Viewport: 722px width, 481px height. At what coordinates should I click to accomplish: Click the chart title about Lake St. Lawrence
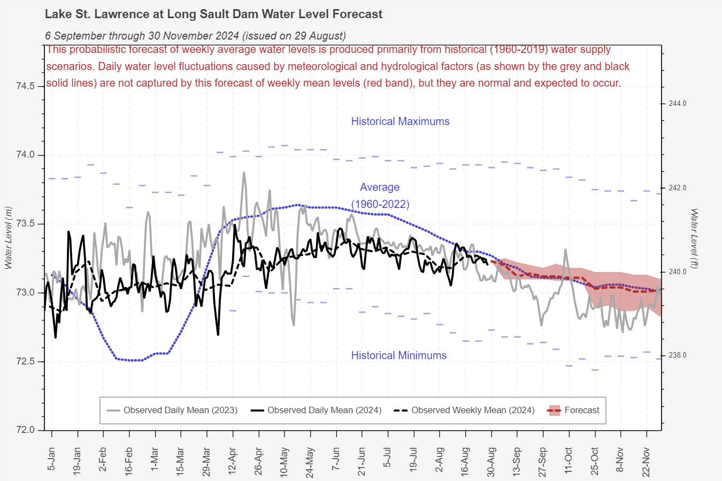tap(213, 14)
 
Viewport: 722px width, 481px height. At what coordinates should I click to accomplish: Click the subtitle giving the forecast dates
tap(195, 36)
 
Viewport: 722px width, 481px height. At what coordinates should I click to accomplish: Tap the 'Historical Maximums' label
tap(400, 121)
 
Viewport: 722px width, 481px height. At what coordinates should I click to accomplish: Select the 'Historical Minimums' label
tap(398, 355)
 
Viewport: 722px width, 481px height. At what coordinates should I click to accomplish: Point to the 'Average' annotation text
tap(380, 187)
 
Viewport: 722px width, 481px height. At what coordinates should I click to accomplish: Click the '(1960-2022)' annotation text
tap(380, 204)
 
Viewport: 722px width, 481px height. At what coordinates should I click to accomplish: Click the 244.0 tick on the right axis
tap(678, 104)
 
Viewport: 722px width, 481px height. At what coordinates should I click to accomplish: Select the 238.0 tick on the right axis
tap(678, 355)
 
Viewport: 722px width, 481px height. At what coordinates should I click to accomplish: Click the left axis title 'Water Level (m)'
tap(8, 238)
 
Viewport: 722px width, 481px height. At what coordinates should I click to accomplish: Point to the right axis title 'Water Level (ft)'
tap(694, 238)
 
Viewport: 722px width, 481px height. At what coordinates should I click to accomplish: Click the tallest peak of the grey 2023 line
tap(244, 173)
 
